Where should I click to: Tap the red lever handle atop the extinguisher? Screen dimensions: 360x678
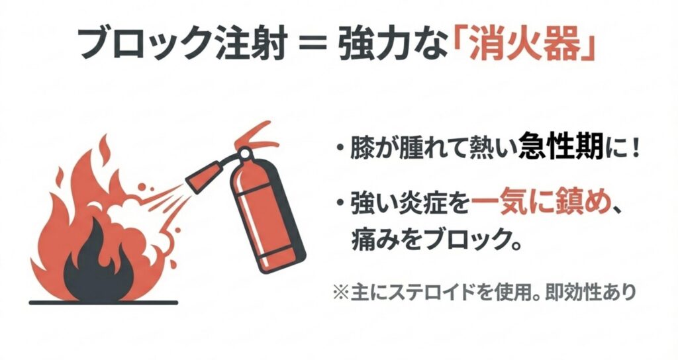[x=254, y=132]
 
